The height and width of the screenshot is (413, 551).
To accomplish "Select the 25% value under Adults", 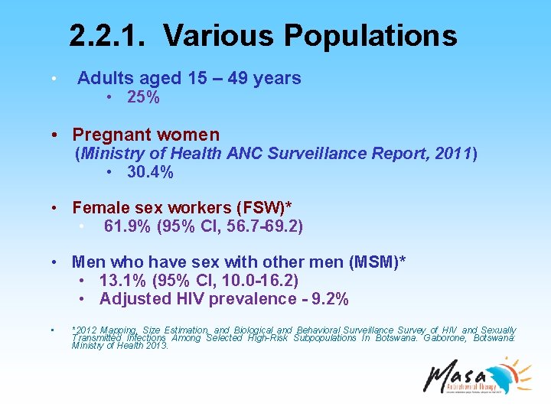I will click(x=143, y=97).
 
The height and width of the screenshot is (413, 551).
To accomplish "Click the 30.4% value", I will click(x=150, y=173).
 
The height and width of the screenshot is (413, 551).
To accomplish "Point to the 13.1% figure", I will click(x=120, y=281).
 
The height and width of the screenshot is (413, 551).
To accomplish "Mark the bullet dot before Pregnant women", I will click(x=57, y=135).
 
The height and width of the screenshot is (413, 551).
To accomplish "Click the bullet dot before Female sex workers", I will click(x=57, y=208).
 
